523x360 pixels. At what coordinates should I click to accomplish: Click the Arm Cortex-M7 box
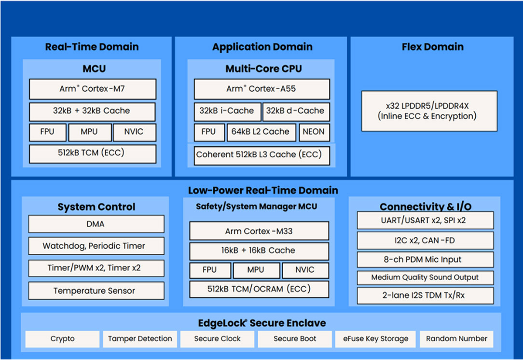point(92,89)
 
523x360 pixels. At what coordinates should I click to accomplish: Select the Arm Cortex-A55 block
point(261,89)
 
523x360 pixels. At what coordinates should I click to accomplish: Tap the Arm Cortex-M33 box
point(259,231)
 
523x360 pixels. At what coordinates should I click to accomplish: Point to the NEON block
point(314,132)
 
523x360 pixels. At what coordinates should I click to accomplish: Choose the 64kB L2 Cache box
point(260,132)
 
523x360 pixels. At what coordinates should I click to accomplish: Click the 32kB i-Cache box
point(227,111)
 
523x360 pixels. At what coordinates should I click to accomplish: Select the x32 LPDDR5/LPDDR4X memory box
point(429,111)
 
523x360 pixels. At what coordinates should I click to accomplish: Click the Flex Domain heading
point(432,47)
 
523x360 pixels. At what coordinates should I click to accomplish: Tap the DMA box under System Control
point(96,224)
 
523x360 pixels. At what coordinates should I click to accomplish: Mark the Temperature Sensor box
point(96,291)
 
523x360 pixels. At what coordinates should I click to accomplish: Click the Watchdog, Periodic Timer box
point(96,246)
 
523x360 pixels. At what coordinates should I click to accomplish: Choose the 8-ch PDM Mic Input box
point(425,260)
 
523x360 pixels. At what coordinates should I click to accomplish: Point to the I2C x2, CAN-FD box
point(425,240)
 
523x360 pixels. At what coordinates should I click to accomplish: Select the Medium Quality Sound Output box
point(425,277)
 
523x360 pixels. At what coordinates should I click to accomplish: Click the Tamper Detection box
point(140,339)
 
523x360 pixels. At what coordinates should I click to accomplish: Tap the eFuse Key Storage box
point(372,339)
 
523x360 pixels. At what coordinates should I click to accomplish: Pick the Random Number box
point(456,339)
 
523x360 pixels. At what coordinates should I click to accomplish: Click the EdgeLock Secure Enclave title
point(261,323)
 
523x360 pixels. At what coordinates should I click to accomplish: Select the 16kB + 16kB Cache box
point(259,251)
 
